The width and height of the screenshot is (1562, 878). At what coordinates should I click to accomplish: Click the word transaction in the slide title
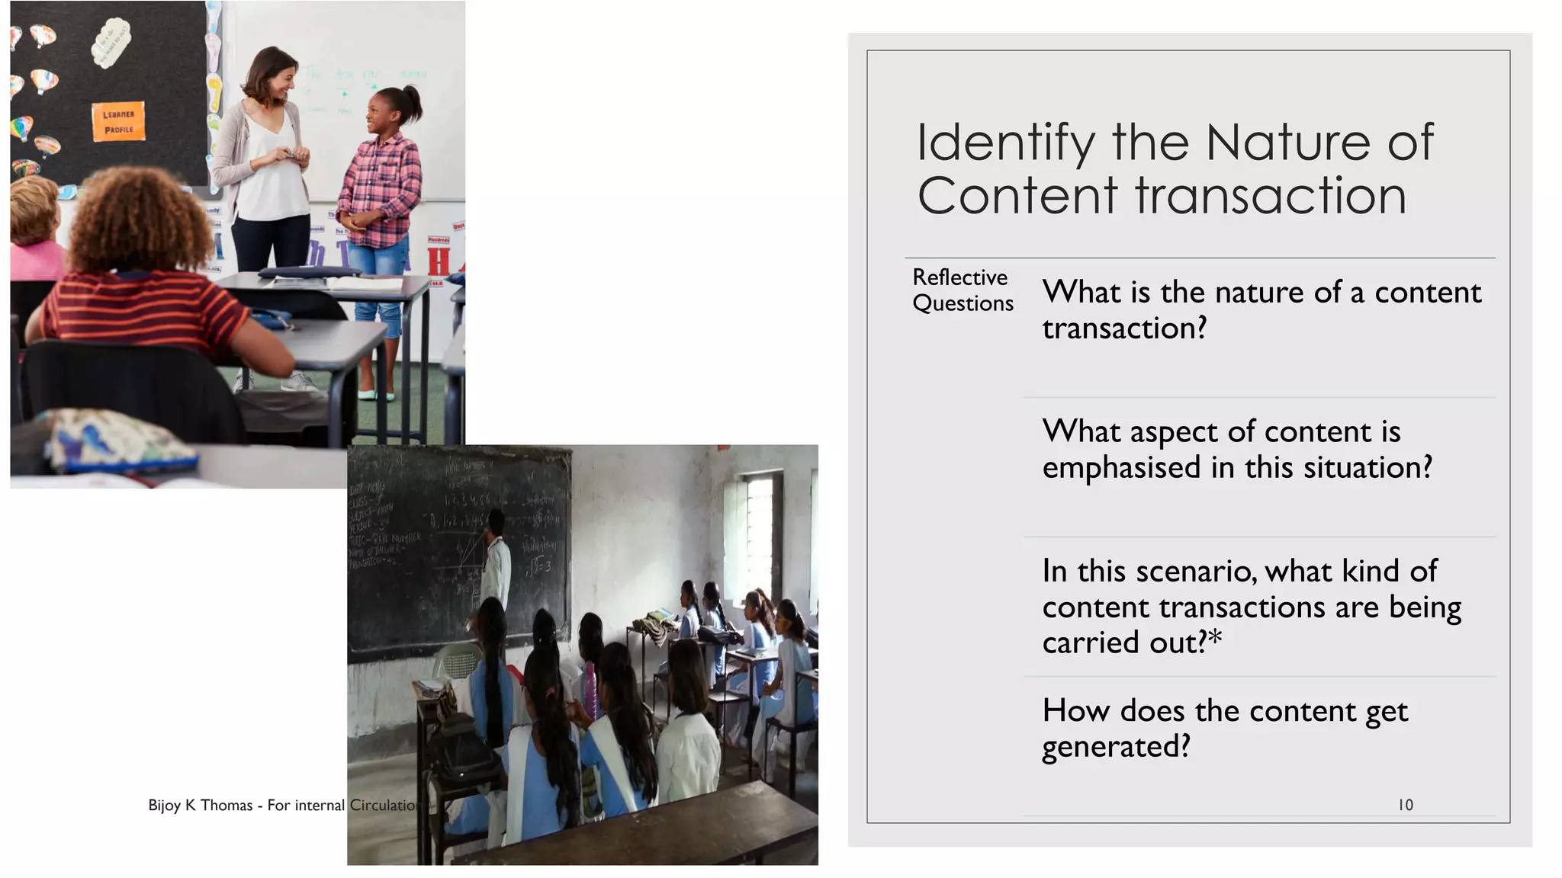coord(1270,196)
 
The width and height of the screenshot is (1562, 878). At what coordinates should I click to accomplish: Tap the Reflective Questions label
coord(962,290)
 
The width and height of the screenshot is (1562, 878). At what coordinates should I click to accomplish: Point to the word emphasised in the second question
coord(1121,467)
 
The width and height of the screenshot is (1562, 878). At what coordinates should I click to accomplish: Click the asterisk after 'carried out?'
coord(1215,638)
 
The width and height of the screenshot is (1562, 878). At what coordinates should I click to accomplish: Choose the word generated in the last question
coord(1116,747)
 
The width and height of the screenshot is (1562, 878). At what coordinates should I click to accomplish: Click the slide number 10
coord(1405,805)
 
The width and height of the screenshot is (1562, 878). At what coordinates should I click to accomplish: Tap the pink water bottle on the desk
coord(590,690)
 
